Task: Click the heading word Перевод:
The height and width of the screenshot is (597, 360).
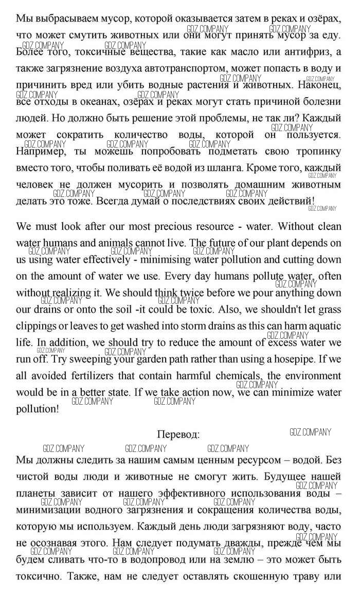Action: pyautogui.click(x=178, y=435)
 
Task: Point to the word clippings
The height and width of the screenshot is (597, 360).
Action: pyautogui.click(x=39, y=326)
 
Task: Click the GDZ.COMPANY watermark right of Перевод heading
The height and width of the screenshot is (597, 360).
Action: pyautogui.click(x=311, y=432)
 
